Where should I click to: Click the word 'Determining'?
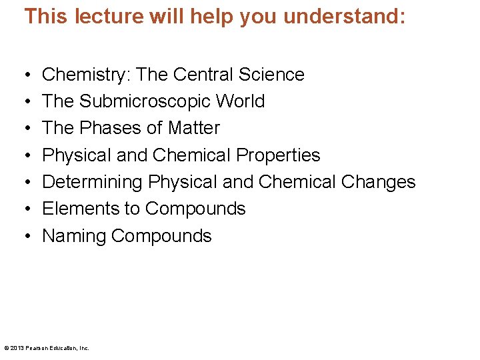coord(93,182)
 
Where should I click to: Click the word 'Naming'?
coord(74,236)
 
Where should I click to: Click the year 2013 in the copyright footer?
coord(17,348)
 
